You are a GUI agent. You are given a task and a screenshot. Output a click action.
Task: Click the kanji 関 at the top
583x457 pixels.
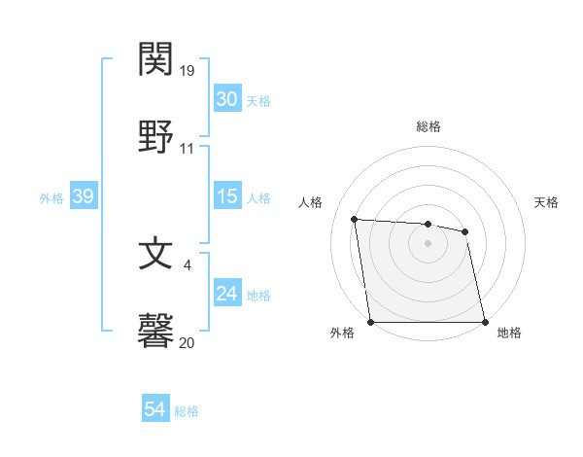tap(156, 60)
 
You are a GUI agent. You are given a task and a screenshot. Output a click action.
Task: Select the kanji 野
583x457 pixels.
tap(156, 136)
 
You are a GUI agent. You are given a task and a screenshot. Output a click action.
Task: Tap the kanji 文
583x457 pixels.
tap(156, 254)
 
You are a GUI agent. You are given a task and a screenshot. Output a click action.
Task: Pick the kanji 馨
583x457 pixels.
tap(156, 331)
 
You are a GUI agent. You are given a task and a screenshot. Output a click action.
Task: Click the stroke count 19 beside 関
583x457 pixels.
tap(188, 72)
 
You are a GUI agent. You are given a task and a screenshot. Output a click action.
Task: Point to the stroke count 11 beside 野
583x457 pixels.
tap(188, 149)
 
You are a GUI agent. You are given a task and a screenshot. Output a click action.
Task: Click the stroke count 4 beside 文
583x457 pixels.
tap(187, 265)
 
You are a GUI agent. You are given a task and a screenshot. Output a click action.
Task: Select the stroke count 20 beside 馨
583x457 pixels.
tap(188, 342)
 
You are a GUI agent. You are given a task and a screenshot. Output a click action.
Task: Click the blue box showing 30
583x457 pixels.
tap(226, 99)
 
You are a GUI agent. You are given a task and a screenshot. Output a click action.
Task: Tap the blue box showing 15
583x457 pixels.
tap(226, 196)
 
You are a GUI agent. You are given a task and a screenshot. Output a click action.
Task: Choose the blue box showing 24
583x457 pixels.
tap(226, 294)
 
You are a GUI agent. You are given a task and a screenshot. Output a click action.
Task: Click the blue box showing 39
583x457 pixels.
tap(83, 196)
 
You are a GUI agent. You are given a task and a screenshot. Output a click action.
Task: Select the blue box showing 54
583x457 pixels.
tap(154, 410)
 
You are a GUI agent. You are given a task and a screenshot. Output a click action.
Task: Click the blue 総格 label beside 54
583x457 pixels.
tap(187, 411)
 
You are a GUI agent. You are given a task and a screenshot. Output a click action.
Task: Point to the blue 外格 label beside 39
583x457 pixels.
tap(51, 197)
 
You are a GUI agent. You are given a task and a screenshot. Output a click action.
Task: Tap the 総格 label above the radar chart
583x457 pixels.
tap(428, 126)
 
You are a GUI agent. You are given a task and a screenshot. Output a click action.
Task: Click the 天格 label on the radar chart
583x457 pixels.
tap(546, 202)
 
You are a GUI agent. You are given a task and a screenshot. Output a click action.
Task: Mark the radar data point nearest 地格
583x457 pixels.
tap(484, 322)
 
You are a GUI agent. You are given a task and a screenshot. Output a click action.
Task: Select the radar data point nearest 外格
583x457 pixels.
tap(370, 322)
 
